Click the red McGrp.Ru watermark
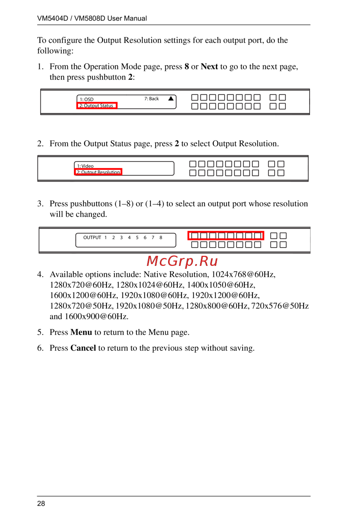pyautogui.click(x=182, y=261)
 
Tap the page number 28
pyautogui.click(x=41, y=503)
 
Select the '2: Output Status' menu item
pyautogui.click(x=96, y=105)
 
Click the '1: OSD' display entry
pyautogui.click(x=87, y=99)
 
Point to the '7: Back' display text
pyautogui.click(x=152, y=99)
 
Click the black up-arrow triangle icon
pyautogui.click(x=171, y=98)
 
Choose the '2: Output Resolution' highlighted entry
pyautogui.click(x=98, y=172)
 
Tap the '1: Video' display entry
pyautogui.click(x=85, y=166)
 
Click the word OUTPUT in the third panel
pyautogui.click(x=92, y=237)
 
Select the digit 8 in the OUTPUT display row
pyautogui.click(x=161, y=237)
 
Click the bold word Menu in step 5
pyautogui.click(x=81, y=332)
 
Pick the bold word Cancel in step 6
pyautogui.click(x=83, y=348)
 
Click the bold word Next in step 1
pyautogui.click(x=209, y=67)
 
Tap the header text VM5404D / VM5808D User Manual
pyautogui.click(x=92, y=18)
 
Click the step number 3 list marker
pyautogui.click(x=40, y=204)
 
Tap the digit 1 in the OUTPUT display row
pyautogui.click(x=105, y=237)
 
